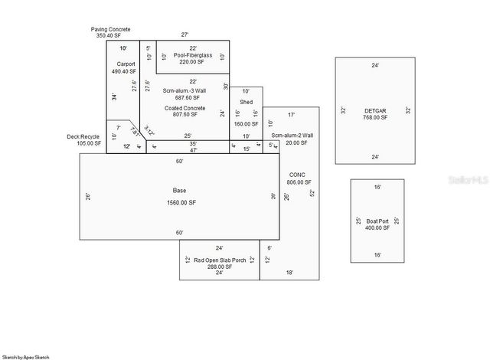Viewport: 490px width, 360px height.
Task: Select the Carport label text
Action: pos(126,64)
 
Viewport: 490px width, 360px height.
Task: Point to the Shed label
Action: pos(246,101)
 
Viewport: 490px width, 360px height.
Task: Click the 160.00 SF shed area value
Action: pos(246,123)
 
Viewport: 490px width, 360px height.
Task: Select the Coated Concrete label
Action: pos(185,108)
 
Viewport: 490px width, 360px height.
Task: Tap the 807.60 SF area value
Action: pos(185,116)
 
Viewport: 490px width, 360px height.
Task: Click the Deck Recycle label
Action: pos(83,136)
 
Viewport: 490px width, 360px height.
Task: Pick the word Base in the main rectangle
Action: pos(179,190)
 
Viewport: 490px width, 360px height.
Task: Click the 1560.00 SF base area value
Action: pos(179,202)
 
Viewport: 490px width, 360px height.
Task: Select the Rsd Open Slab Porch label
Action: pos(220,260)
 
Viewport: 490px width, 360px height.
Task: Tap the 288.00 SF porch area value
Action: pos(220,267)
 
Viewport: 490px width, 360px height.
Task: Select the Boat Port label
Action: pos(377,221)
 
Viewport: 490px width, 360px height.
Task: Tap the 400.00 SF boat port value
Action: pos(377,228)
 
